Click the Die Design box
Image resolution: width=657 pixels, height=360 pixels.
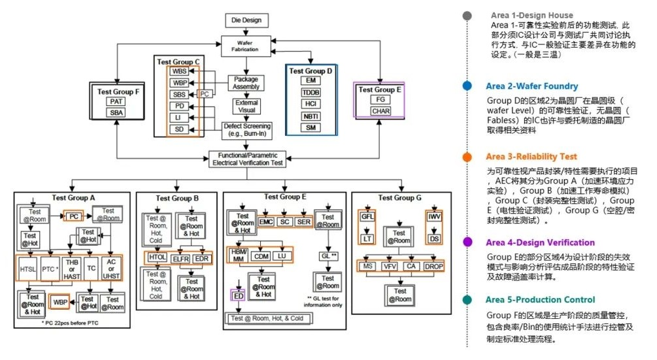coord(246,20)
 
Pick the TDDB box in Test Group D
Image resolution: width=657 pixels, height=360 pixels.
coord(311,93)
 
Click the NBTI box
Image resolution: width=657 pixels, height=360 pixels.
coord(311,116)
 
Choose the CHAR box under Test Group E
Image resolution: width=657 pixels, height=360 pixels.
coord(380,111)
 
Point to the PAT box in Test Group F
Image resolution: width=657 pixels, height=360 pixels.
coord(117,101)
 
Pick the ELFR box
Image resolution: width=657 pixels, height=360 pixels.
coord(181,258)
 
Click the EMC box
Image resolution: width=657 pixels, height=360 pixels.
coord(266,221)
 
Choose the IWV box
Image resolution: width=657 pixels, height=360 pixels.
coord(434,216)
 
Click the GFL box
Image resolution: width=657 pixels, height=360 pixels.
coord(366,216)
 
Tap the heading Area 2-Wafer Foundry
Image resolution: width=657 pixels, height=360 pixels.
coord(531,86)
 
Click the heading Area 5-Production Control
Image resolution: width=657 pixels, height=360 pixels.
coord(541,300)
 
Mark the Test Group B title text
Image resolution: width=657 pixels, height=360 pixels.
coord(177,198)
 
